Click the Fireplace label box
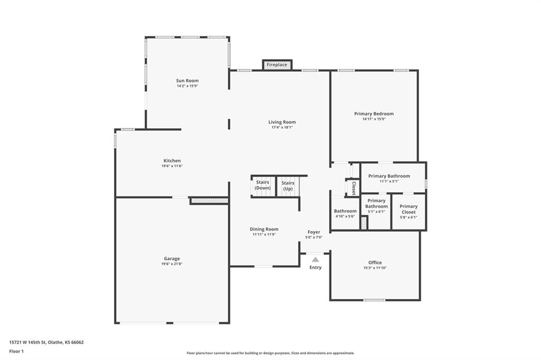(277, 64)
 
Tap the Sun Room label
(188, 81)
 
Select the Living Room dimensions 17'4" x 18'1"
(282, 127)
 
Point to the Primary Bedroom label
(374, 114)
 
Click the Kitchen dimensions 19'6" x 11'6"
(172, 166)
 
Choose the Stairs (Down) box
(263, 186)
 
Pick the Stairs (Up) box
(288, 186)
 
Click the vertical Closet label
(353, 188)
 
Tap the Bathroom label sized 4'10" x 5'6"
(345, 211)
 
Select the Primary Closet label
(408, 209)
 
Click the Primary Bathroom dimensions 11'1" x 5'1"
(389, 181)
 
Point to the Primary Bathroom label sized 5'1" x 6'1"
(376, 203)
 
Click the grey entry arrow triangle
(315, 260)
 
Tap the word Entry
(315, 268)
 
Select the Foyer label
(314, 232)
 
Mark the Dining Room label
(264, 229)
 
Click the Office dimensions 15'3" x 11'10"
(375, 268)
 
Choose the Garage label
(172, 259)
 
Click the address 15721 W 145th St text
(27, 343)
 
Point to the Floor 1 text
(16, 352)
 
